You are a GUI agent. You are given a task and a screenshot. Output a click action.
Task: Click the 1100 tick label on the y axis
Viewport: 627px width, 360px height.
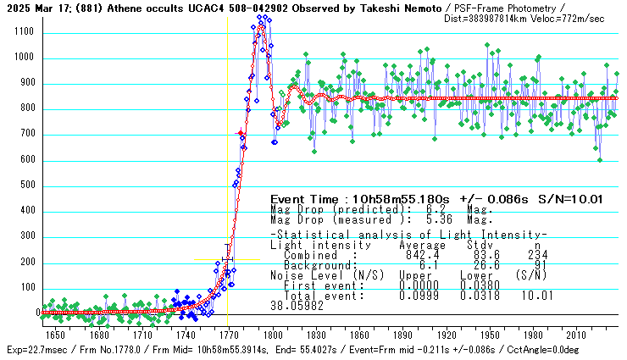click(22, 32)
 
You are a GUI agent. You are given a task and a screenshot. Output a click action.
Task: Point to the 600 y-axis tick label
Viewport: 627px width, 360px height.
click(25, 159)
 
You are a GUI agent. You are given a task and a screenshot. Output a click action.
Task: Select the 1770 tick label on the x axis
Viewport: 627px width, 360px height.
click(228, 335)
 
